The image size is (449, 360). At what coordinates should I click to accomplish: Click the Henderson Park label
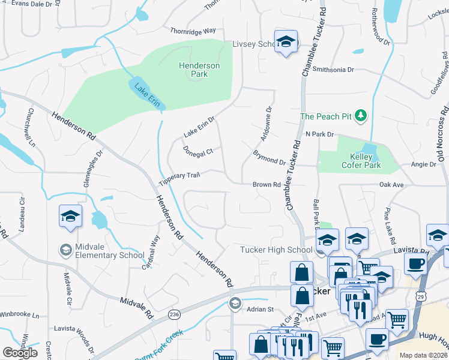pyautogui.click(x=199, y=70)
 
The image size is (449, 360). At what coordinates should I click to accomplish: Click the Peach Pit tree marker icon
pyautogui.click(x=361, y=115)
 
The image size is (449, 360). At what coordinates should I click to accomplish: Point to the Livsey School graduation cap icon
pyautogui.click(x=286, y=43)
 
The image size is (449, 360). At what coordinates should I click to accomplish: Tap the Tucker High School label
pyautogui.click(x=276, y=250)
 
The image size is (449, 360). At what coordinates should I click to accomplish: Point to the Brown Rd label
pyautogui.click(x=267, y=185)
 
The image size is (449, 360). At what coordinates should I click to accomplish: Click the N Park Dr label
pyautogui.click(x=319, y=134)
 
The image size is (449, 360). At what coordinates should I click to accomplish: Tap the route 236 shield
pyautogui.click(x=174, y=314)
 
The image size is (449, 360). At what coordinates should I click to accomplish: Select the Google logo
pyautogui.click(x=20, y=353)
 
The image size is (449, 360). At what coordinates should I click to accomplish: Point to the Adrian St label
pyautogui.click(x=261, y=310)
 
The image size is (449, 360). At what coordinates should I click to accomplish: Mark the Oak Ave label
pyautogui.click(x=391, y=185)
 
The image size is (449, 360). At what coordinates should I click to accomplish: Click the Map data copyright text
pyautogui.click(x=423, y=355)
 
